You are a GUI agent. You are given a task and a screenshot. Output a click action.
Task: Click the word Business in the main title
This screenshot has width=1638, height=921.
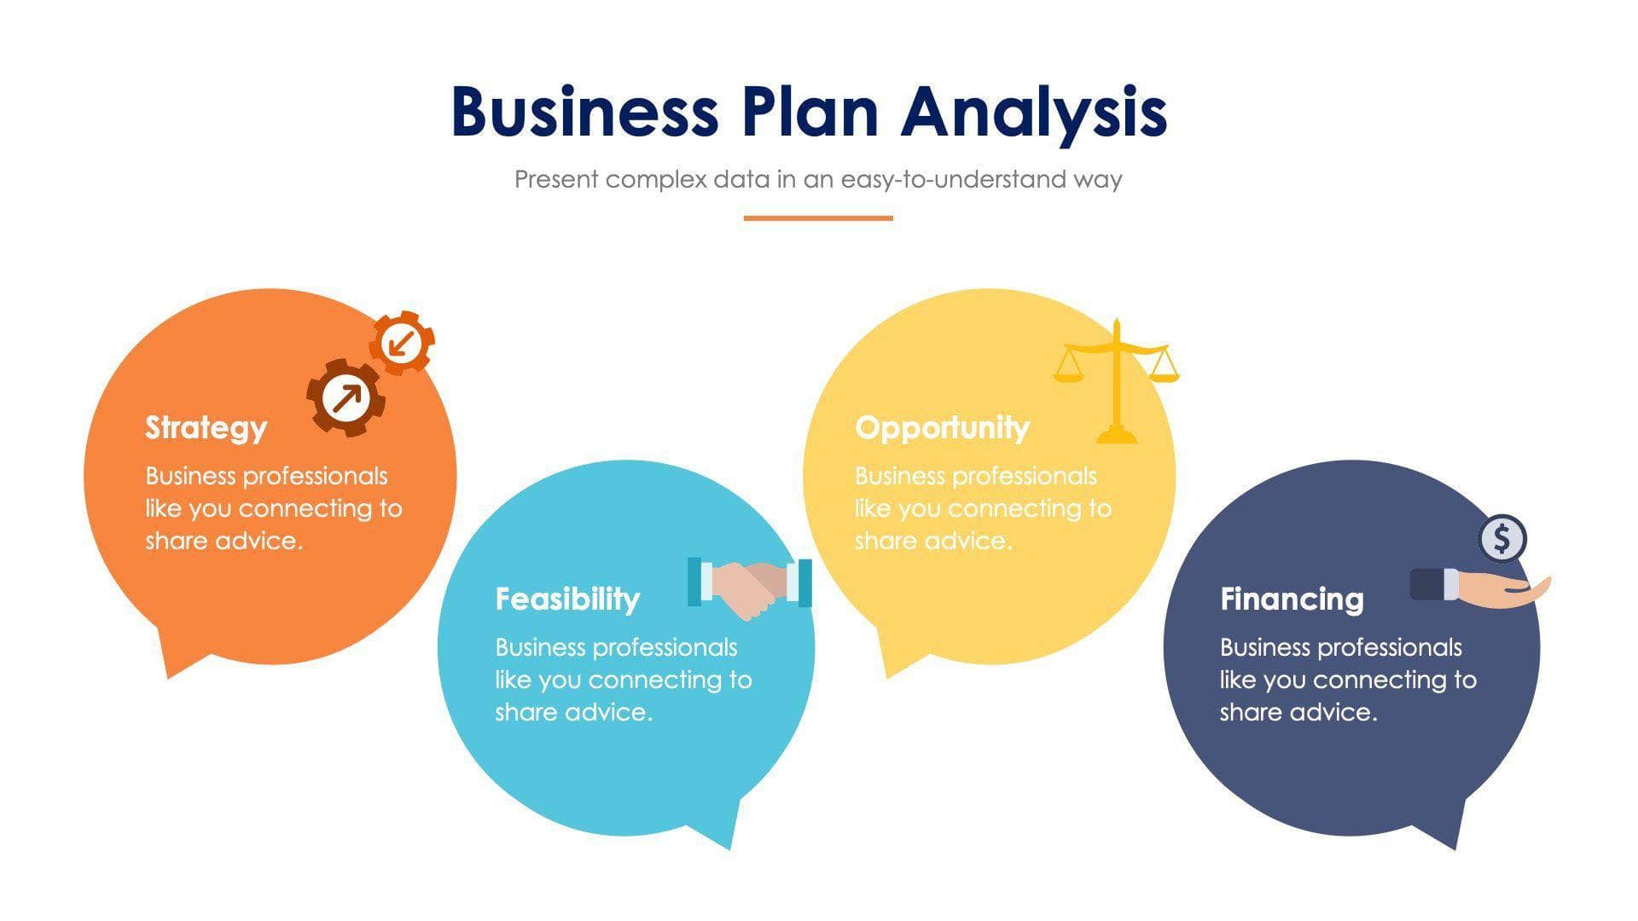pos(584,112)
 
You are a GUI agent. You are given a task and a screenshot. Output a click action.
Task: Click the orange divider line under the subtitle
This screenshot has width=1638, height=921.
pos(818,218)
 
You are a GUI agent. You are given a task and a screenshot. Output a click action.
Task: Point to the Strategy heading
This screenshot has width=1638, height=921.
pos(206,427)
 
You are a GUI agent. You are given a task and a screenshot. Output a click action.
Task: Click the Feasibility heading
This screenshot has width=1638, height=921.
pos(567,599)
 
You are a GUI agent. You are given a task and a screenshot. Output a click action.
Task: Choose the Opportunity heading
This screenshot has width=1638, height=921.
pos(942,427)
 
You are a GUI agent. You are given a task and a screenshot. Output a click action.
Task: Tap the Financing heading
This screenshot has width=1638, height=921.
pos(1292,599)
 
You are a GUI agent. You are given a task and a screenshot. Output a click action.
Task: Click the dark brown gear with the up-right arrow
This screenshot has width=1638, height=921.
pos(346,397)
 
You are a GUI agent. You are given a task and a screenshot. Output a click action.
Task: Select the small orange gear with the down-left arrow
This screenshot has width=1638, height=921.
pos(402,343)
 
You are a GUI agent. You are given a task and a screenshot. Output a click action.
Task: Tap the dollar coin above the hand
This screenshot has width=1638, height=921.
pos(1502,538)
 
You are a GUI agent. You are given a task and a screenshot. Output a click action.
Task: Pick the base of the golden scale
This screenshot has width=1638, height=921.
pos(1116,436)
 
